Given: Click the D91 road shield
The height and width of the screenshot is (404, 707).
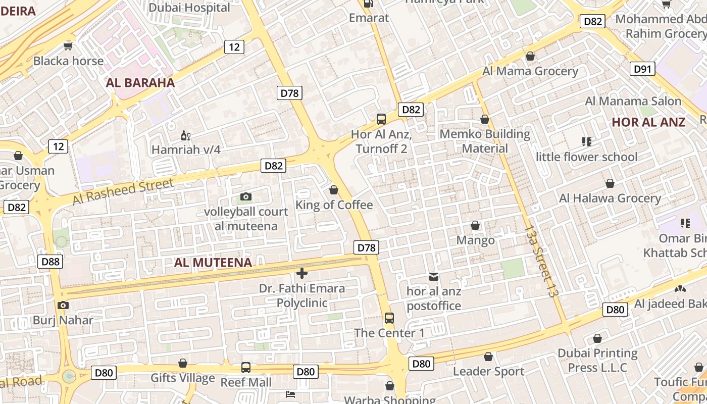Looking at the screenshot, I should click(642, 69).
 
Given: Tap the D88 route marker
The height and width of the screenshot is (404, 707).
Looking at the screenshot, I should click(50, 261).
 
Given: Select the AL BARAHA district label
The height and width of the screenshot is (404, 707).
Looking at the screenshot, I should click(140, 83).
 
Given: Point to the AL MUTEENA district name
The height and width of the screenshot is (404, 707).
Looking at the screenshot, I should click(213, 263).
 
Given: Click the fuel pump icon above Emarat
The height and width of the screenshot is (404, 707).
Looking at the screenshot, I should click(369, 4).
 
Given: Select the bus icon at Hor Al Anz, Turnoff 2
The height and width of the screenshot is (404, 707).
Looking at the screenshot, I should click(381, 119).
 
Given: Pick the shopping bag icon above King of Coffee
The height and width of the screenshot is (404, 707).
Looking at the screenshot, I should click(334, 190).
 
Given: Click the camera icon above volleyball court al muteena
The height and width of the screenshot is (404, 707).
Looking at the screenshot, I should click(246, 196).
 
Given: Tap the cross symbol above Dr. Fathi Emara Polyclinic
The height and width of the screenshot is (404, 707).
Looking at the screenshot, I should click(302, 273).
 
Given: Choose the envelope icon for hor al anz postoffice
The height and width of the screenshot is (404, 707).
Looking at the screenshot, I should click(434, 276).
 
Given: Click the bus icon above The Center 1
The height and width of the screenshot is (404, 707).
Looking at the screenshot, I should click(389, 318).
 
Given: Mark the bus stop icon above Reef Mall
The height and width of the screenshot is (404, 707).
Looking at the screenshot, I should click(246, 368).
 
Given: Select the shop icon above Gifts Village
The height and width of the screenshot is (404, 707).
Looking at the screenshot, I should click(183, 363).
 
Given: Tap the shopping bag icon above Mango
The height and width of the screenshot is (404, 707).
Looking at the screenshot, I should click(475, 225).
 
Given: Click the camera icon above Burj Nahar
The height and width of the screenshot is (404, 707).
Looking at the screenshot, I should click(63, 305).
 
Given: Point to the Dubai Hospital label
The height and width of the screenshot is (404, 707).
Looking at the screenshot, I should click(189, 8).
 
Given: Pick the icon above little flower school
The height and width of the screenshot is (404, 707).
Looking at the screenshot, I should click(586, 142).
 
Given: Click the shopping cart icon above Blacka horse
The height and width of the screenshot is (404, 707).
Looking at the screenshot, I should click(68, 46).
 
